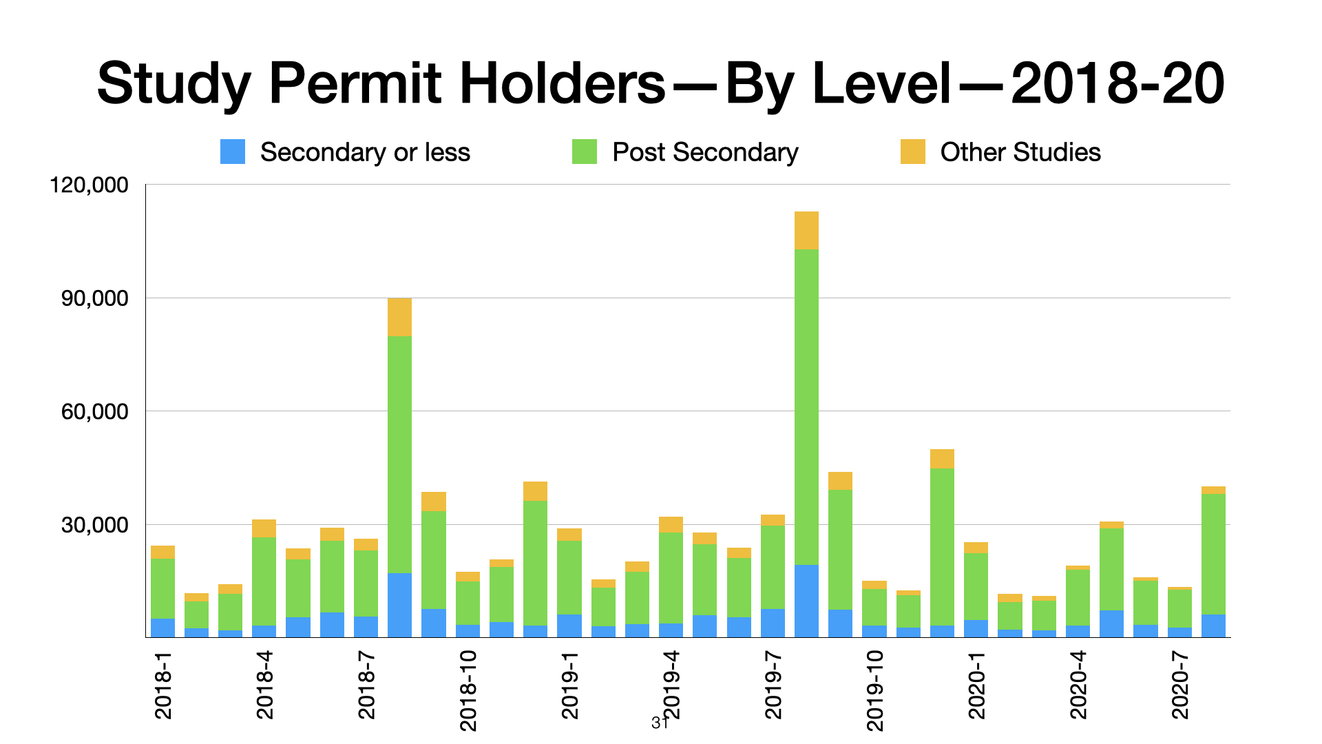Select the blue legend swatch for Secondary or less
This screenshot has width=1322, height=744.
tap(233, 152)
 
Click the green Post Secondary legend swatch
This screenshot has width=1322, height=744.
tap(585, 152)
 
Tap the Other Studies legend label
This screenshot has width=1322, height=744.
tap(1020, 152)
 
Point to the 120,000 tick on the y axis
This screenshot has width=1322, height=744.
tap(90, 185)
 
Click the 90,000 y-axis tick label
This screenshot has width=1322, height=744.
tap(94, 298)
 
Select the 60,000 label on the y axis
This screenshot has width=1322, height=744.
tap(94, 411)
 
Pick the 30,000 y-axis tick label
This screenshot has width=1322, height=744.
tap(94, 525)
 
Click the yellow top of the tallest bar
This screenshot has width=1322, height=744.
tap(806, 230)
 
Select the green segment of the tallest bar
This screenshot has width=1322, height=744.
tap(806, 406)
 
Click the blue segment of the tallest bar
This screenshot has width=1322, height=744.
tap(806, 601)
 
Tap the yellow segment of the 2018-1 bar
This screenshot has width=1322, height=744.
tap(162, 552)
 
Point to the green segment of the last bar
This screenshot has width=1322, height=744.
tap(1213, 554)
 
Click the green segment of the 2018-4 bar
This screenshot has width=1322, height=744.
tap(264, 581)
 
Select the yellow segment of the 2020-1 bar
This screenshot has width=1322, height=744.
tap(976, 548)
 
